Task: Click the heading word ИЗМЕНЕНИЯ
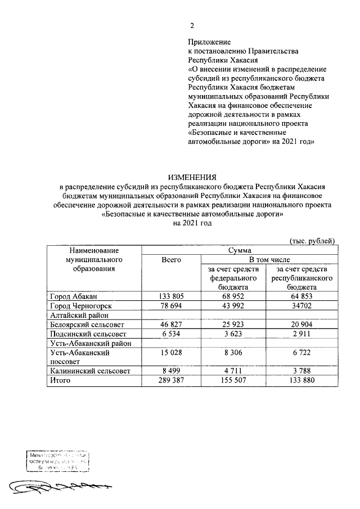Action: pos(194,178)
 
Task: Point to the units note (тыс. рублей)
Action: pos(312,240)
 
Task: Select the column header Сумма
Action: pos(239,249)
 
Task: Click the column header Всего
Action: pos(170,259)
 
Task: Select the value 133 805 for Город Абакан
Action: pos(170,296)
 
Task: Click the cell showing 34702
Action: pos(303,305)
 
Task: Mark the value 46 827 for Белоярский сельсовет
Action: pos(170,325)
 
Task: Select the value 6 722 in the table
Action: pos(303,353)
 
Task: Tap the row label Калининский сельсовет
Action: pos(90,371)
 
